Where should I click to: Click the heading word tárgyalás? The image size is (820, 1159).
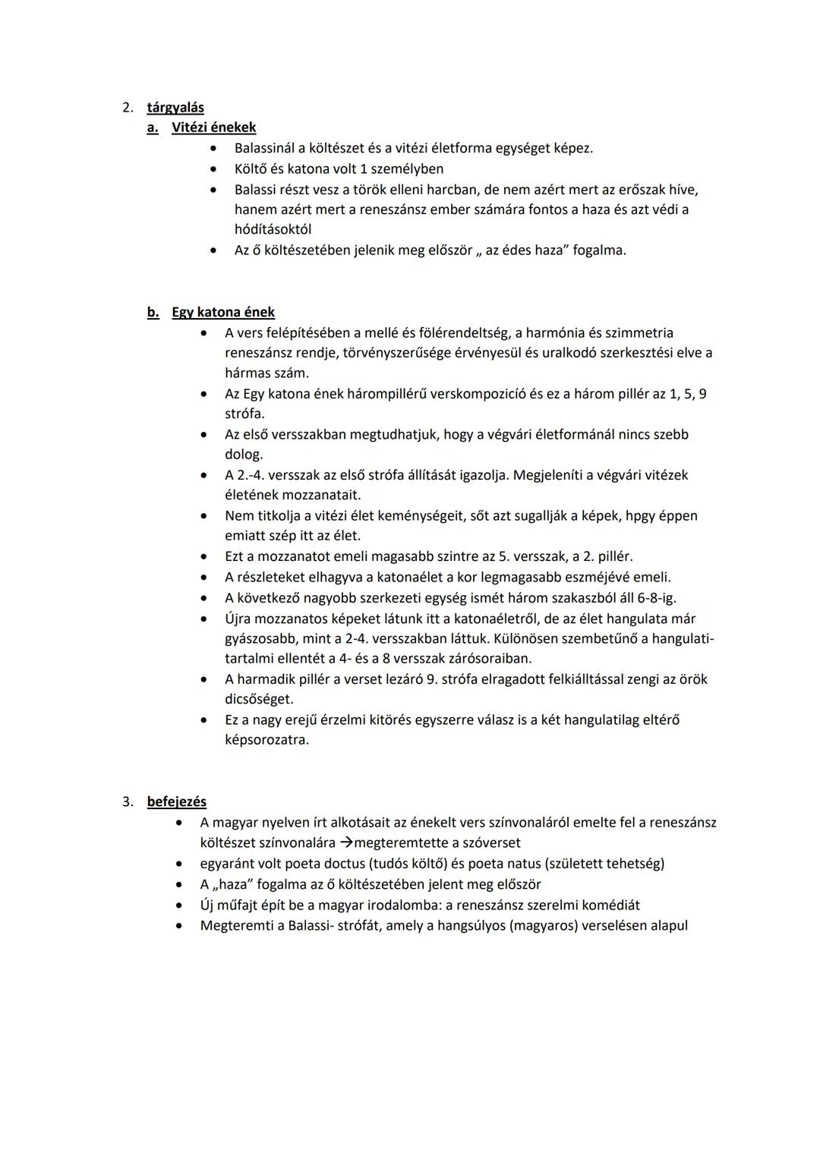(x=175, y=108)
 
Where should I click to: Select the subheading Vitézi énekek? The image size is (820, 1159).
(x=213, y=128)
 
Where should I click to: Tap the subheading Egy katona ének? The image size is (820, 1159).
(x=223, y=312)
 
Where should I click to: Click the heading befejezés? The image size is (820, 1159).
(x=176, y=802)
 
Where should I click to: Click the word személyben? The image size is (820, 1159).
(x=408, y=168)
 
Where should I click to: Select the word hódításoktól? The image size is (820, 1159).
(x=273, y=229)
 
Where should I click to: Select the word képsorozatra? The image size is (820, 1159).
(x=266, y=740)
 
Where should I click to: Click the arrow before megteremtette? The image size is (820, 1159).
(x=346, y=842)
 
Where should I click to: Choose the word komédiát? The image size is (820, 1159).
(x=606, y=905)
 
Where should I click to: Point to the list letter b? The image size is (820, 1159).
(x=153, y=312)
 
